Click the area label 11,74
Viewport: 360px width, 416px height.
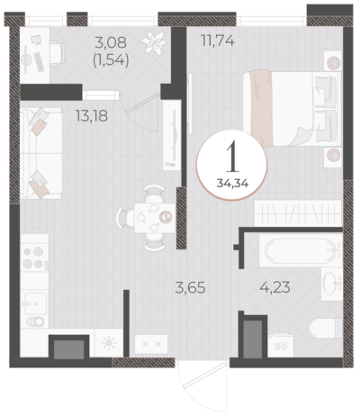tap(218, 41)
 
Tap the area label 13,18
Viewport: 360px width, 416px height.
tap(92, 116)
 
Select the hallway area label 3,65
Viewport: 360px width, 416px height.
tap(191, 288)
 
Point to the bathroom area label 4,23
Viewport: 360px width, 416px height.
tap(274, 287)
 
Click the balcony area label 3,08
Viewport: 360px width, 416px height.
tap(111, 42)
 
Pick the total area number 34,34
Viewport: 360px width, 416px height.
tap(233, 183)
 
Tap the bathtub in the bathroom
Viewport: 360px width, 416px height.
tap(301, 250)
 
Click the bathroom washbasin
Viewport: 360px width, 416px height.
tap(332, 284)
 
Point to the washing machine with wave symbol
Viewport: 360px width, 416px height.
tap(281, 345)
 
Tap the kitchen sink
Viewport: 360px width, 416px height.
tap(34, 304)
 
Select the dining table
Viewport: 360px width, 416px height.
tap(155, 218)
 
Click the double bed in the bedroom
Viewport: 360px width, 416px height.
tap(292, 109)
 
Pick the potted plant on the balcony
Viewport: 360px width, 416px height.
tap(154, 43)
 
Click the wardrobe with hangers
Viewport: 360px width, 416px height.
tap(298, 213)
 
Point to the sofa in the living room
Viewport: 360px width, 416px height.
tap(41, 153)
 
